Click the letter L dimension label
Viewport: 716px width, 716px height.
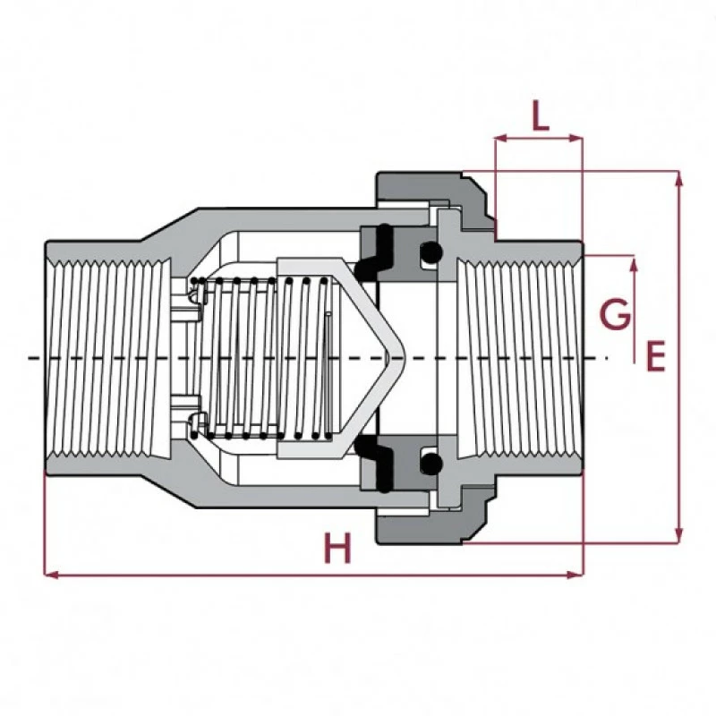point(539,116)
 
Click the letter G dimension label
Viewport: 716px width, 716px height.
point(614,315)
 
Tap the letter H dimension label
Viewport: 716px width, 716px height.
point(337,549)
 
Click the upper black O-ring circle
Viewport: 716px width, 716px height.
point(430,253)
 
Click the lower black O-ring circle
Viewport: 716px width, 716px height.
point(430,463)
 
